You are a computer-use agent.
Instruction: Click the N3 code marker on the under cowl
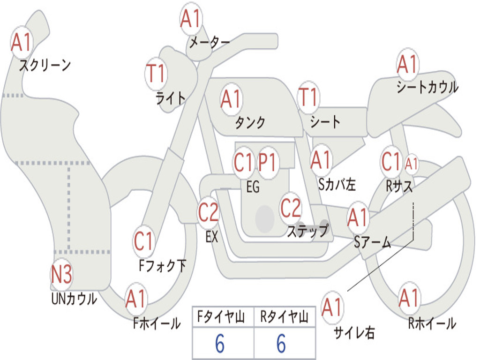point(61,274)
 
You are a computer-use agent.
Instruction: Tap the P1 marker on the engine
point(268,162)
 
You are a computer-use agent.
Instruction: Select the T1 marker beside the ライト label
point(157,74)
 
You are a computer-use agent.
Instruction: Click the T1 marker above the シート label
point(308,97)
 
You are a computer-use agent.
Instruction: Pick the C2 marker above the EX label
point(209,212)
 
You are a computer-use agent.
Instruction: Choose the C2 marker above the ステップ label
point(291,208)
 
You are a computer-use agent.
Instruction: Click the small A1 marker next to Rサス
point(411,164)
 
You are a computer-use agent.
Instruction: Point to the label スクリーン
point(45,65)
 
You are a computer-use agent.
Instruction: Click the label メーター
point(210,43)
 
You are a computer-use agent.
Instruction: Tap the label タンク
point(250,123)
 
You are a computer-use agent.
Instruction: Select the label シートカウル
point(427,87)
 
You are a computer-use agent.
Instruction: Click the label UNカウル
point(74,299)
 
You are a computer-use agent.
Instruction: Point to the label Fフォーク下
point(163,265)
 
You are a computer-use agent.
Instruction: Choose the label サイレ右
point(354,332)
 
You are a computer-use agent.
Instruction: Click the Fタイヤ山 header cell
point(223,317)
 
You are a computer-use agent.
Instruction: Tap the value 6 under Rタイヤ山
point(282,344)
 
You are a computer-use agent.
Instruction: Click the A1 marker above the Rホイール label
point(409,298)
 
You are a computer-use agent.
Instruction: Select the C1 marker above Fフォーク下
point(143,241)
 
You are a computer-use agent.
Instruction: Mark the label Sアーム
point(373,242)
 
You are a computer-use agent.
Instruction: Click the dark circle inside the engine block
point(265,219)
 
